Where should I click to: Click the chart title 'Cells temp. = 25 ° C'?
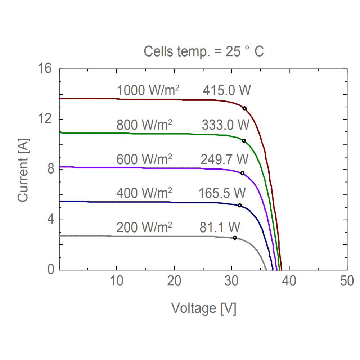point(204,51)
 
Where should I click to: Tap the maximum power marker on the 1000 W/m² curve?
point(244,108)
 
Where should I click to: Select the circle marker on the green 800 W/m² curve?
point(244,141)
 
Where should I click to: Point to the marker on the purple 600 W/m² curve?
point(242,173)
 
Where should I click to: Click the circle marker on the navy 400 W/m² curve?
point(240,206)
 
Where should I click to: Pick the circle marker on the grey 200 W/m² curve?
point(235,238)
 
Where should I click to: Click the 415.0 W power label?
point(226,90)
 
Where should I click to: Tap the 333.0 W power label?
point(225,125)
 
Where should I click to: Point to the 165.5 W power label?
point(222,193)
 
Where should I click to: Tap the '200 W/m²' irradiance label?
point(144,228)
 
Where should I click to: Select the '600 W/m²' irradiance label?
point(144,159)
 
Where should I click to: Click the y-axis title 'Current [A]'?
point(23,170)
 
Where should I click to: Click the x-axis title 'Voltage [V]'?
point(204,309)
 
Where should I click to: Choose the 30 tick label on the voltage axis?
point(232,281)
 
